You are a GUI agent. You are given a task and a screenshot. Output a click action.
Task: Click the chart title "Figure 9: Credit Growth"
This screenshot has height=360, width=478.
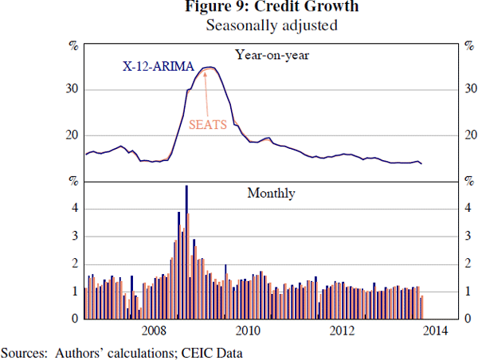272,8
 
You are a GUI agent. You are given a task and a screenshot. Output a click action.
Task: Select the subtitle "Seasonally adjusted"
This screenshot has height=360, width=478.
272,25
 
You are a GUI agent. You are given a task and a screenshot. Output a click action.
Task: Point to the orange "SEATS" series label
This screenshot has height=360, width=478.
208,124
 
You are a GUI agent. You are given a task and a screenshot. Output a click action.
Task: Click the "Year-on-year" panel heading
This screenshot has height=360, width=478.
272,55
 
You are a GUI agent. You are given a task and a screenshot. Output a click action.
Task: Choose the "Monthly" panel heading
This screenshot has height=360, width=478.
272,193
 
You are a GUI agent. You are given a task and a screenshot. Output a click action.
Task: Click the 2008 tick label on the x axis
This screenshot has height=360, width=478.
154,331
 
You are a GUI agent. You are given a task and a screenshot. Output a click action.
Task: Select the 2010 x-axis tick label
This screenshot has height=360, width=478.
248,331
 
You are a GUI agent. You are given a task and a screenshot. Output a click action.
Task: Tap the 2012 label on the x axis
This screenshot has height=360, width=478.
342,331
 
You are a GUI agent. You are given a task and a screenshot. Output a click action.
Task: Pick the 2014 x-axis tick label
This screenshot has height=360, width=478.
436,331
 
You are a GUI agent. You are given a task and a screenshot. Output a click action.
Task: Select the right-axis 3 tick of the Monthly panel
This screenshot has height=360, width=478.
467,237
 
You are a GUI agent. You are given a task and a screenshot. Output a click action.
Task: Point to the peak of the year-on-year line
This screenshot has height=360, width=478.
208,68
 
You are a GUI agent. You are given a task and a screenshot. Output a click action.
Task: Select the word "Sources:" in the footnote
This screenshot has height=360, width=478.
25,351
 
